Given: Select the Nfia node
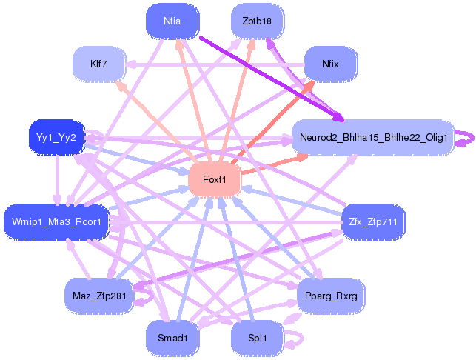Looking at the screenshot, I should click(172, 21).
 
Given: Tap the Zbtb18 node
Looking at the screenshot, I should click(257, 21).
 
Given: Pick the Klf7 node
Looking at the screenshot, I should click(98, 64).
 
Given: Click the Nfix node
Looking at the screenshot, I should click(330, 64).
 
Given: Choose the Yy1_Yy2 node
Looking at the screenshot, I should click(57, 137).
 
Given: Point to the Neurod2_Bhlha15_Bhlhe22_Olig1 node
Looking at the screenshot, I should click(373, 137).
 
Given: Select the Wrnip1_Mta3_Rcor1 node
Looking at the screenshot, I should click(57, 221).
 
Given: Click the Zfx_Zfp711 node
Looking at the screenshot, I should click(373, 221).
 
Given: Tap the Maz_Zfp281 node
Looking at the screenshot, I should click(98, 296).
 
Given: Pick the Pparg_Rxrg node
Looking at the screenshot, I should click(330, 296).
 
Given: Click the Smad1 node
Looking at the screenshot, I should click(172, 338).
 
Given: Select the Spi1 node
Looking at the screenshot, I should click(257, 338).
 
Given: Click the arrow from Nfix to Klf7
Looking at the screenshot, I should click(215, 64).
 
